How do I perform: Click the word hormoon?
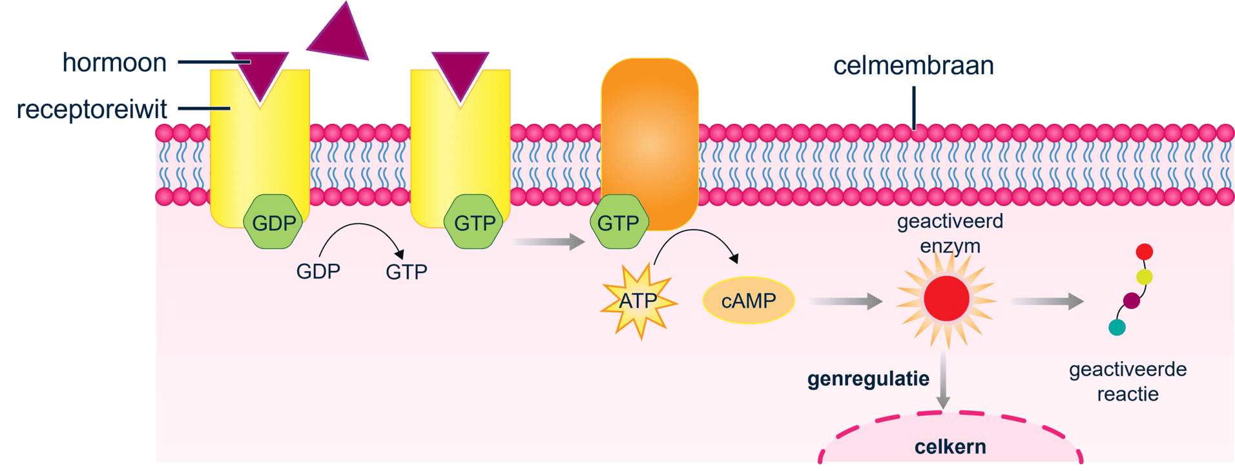(114, 63)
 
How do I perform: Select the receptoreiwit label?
(92, 110)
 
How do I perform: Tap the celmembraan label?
(913, 66)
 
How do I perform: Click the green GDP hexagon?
(274, 223)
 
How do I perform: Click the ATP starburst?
(639, 301)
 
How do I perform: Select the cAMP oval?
(748, 301)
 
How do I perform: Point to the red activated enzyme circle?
(946, 298)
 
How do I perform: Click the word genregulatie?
(868, 379)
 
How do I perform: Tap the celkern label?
(950, 446)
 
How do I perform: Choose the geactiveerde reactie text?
(1128, 381)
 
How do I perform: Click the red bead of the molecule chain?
(1144, 252)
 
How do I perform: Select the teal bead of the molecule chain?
(1117, 327)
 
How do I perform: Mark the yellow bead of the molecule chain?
(1144, 277)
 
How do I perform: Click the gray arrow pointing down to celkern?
(943, 381)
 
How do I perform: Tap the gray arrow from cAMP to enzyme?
(846, 301)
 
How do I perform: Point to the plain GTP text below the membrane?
(406, 272)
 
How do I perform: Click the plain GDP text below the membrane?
(318, 271)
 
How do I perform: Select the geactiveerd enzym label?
(950, 234)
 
